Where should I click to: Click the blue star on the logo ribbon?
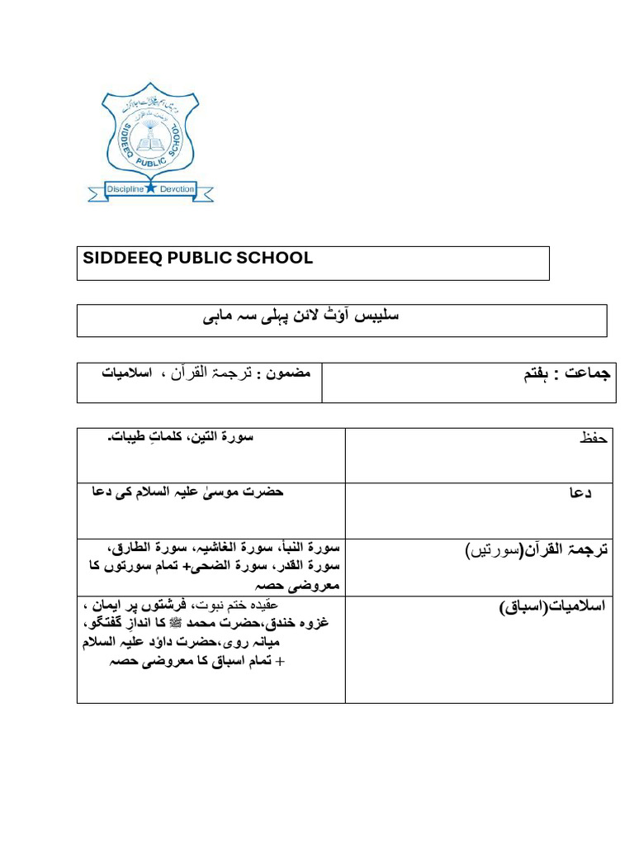150,189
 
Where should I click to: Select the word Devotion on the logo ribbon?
177,189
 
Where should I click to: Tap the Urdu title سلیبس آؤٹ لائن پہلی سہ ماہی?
300,316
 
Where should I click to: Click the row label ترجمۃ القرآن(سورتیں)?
537,549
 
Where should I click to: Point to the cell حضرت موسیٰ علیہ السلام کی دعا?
187,492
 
